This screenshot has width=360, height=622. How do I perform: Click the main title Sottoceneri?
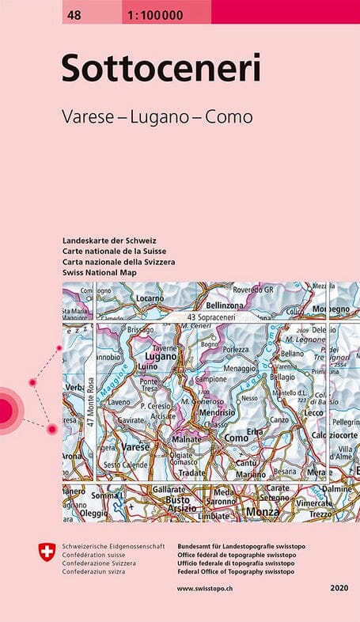(x=161, y=69)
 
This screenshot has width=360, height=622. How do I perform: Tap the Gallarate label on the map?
(x=170, y=490)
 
